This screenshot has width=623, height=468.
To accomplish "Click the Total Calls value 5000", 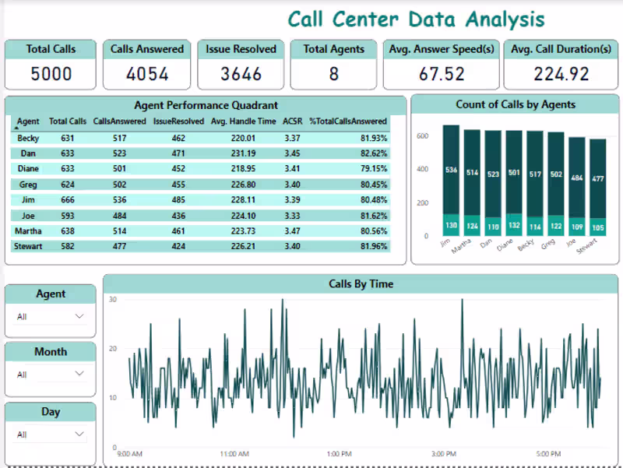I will point(51,74).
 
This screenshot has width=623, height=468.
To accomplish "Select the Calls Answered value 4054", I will point(147,74).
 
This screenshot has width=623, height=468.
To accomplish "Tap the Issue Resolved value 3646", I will point(241,74).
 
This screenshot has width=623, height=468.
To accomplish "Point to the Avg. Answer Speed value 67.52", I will point(442,74).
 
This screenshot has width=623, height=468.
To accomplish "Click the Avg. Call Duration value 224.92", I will point(561,74).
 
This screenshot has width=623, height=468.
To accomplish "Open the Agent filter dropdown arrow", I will point(79,316).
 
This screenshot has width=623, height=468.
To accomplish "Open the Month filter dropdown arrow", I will point(79,374).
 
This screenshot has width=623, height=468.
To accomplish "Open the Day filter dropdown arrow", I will point(79,434).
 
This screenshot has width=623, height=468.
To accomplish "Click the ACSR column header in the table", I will point(292,121).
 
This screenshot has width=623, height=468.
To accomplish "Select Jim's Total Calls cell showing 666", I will point(68,199).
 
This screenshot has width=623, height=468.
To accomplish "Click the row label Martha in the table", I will point(28,230).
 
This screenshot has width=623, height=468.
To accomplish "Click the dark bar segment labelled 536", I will point(452,170).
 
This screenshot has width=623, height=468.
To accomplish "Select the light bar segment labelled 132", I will point(514,225).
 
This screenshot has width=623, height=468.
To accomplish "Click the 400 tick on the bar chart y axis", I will point(422,169).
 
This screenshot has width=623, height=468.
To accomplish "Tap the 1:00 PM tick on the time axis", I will point(339,453).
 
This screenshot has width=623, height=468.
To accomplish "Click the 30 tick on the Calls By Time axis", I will point(113,300).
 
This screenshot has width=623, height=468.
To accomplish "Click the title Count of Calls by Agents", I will point(516,104).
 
